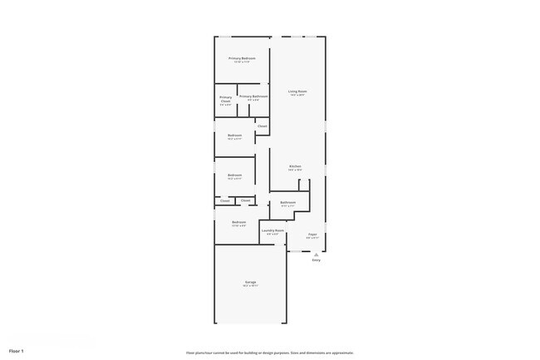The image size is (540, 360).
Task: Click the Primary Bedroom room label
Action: tap(243, 58)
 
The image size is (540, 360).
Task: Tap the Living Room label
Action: tap(297, 91)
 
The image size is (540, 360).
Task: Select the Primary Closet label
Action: tap(226, 100)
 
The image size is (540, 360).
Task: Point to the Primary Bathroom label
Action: tap(253, 96)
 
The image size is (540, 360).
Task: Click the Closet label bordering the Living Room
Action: tap(262, 126)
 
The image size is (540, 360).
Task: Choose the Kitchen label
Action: tap(295, 166)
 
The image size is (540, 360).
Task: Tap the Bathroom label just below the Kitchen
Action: tap(288, 202)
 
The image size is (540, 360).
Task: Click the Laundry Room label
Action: tap(272, 230)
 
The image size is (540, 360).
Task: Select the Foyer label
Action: tap(312, 234)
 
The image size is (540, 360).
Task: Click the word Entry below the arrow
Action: tap(316, 260)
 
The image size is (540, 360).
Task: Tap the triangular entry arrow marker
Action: tap(316, 254)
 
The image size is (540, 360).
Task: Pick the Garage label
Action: tap(250, 283)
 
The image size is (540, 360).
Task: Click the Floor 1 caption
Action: tap(17, 351)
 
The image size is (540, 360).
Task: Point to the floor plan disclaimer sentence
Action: tap(270, 353)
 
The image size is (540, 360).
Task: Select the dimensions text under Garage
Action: tap(250, 286)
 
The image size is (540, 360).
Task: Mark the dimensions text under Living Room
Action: tap(297, 95)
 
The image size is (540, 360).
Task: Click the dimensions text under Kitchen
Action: tap(295, 170)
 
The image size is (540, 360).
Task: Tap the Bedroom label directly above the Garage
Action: tap(238, 222)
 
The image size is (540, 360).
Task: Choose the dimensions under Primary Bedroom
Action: tap(243, 62)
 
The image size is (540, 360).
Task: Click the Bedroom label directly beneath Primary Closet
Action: tap(235, 135)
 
